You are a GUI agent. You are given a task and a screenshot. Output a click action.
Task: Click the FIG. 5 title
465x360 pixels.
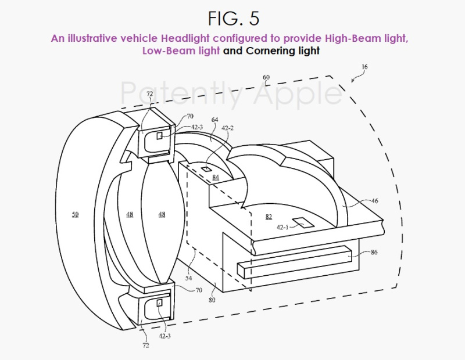pyautogui.click(x=234, y=19)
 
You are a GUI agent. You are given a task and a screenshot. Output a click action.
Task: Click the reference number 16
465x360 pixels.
pyautogui.click(x=364, y=67)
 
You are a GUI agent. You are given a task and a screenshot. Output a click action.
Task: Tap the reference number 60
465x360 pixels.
pyautogui.click(x=266, y=77)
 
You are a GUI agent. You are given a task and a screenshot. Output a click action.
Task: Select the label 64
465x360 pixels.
pyautogui.click(x=214, y=120)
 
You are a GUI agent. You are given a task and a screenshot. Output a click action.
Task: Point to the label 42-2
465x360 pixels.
pyautogui.click(x=227, y=128)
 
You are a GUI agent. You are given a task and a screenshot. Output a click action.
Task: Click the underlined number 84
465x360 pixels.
pyautogui.click(x=216, y=177)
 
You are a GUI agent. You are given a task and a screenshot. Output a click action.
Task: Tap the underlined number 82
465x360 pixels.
pyautogui.click(x=269, y=217)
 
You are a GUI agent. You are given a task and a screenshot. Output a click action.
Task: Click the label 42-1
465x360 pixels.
pyautogui.click(x=282, y=227)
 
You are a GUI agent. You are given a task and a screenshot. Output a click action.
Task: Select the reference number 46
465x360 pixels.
pyautogui.click(x=374, y=201)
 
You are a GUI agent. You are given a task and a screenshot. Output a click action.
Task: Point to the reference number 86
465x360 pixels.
pyautogui.click(x=374, y=253)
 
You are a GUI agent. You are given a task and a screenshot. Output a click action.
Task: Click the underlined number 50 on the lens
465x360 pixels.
pyautogui.click(x=75, y=214)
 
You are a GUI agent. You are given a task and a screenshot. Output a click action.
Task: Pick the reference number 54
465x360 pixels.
pyautogui.click(x=188, y=278)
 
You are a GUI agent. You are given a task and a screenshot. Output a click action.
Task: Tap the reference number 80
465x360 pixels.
pyautogui.click(x=212, y=300)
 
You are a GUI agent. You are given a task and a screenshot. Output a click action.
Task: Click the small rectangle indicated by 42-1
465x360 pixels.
pyautogui.click(x=303, y=222)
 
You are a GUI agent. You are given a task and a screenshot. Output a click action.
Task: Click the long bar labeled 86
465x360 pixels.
pyautogui.click(x=295, y=262)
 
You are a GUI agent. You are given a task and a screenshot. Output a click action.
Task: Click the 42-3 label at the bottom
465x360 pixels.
pyautogui.click(x=164, y=336)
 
